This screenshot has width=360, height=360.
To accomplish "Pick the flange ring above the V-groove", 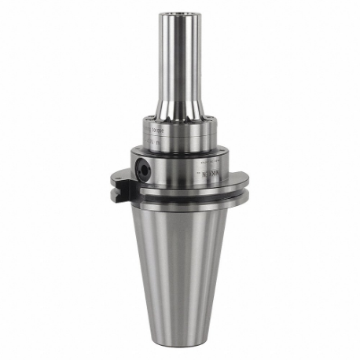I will (181, 192).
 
